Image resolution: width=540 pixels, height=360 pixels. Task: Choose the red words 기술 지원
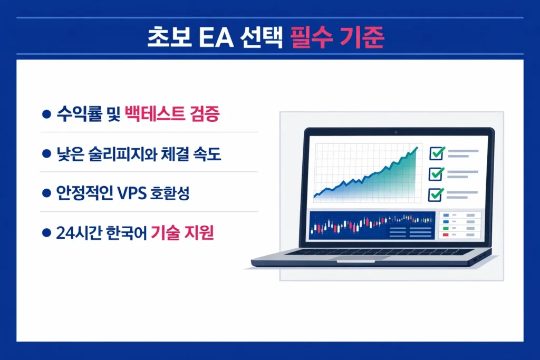[x=182, y=233]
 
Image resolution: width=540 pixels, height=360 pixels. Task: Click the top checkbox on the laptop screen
[x=436, y=153]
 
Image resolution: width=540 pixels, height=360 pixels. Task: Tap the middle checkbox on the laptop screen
[x=436, y=173]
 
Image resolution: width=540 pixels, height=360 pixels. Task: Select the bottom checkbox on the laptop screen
[x=436, y=194]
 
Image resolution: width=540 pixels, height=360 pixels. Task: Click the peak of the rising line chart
[x=417, y=148]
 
